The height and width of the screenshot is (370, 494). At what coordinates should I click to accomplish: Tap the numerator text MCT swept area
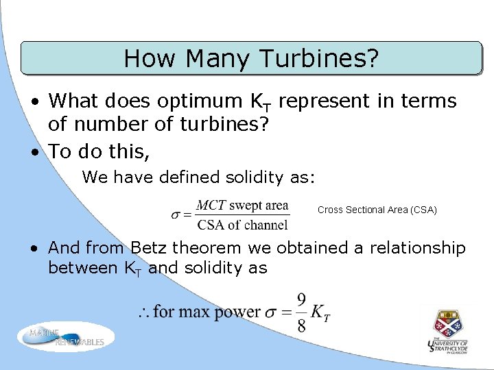pos(242,206)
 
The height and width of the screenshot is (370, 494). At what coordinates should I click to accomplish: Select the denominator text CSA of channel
pos(242,224)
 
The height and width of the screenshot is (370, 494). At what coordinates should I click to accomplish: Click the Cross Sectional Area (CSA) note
pos(377,210)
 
